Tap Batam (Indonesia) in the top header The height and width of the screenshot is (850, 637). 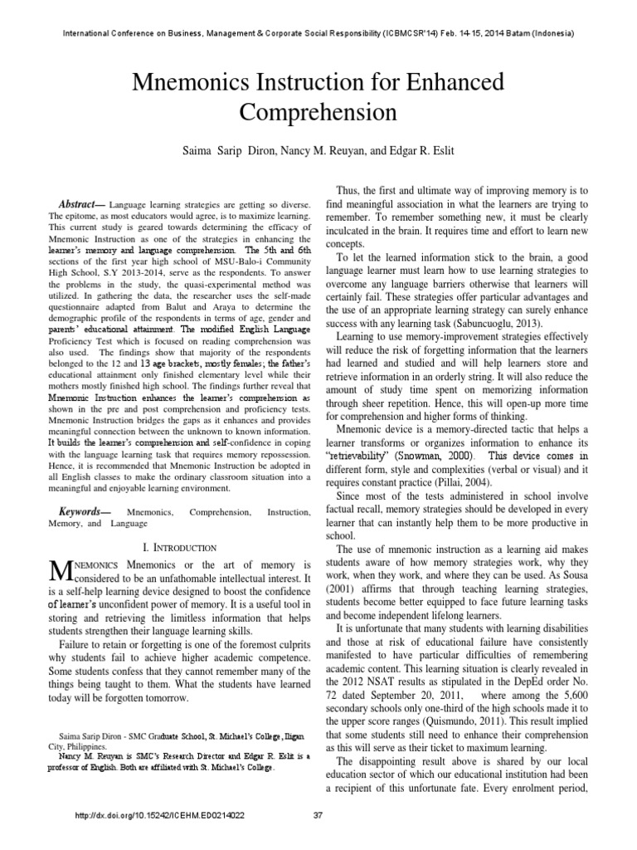pyautogui.click(x=541, y=33)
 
